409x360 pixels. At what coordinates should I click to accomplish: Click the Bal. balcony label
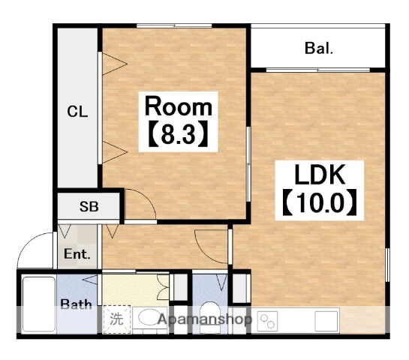[x=319, y=48]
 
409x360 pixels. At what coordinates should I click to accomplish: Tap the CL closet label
[x=77, y=112]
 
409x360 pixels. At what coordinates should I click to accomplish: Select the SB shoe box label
[x=89, y=206]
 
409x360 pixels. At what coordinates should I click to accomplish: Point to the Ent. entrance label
[x=77, y=253]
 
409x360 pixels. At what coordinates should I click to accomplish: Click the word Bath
[x=76, y=304]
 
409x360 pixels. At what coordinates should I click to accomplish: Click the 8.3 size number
[x=179, y=134]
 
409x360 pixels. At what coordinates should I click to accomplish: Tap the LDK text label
[x=320, y=175]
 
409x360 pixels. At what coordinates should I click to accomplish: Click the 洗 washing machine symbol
[x=116, y=319]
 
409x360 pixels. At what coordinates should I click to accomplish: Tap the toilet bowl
[x=210, y=316]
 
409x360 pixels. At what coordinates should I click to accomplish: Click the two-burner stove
[x=267, y=321]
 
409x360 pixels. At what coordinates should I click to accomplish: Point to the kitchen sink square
[x=326, y=321]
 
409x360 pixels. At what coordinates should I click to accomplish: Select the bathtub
[x=39, y=304]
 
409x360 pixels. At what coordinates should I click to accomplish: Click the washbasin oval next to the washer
[x=150, y=317]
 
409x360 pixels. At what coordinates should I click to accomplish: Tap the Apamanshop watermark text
[x=205, y=319]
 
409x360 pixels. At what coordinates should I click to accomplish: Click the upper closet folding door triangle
[x=115, y=64]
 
